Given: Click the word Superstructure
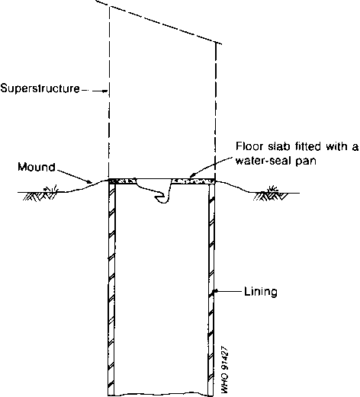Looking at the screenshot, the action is tap(40, 88).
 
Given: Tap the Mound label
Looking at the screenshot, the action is tap(37, 167).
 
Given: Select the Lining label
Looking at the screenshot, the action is tap(261, 291).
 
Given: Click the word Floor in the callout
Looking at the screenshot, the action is tap(249, 146).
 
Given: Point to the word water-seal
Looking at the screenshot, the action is tap(262, 162).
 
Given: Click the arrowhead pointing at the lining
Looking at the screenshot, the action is tap(215, 291).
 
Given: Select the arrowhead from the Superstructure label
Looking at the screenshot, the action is tap(105, 91).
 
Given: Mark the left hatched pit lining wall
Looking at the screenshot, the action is tap(111, 288).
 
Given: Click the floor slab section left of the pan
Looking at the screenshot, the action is tap(122, 181).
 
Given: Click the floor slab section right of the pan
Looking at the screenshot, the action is tap(193, 181).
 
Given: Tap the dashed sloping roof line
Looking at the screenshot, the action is tap(158, 22).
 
